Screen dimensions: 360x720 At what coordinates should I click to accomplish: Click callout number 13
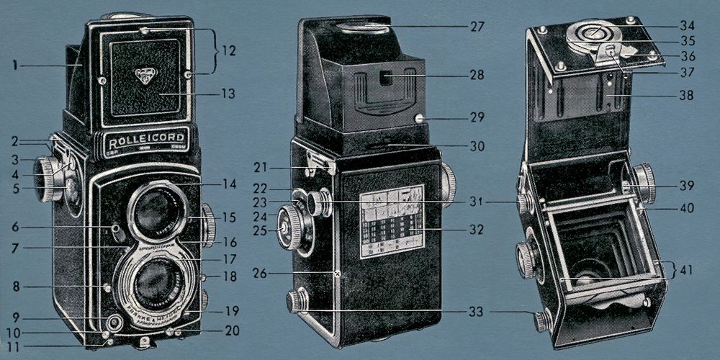pyautogui.click(x=229, y=94)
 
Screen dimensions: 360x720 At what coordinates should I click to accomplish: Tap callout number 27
pyautogui.click(x=477, y=27)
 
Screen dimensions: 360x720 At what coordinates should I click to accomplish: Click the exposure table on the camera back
pyautogui.click(x=391, y=221)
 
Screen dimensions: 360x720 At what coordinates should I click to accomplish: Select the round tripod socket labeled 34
pyautogui.click(x=593, y=32)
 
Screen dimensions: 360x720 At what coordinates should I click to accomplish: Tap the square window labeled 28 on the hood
pyautogui.click(x=387, y=75)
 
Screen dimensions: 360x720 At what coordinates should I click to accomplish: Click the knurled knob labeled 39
pyautogui.click(x=640, y=184)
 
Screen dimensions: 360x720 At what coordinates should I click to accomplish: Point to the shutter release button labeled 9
pyautogui.click(x=112, y=320)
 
